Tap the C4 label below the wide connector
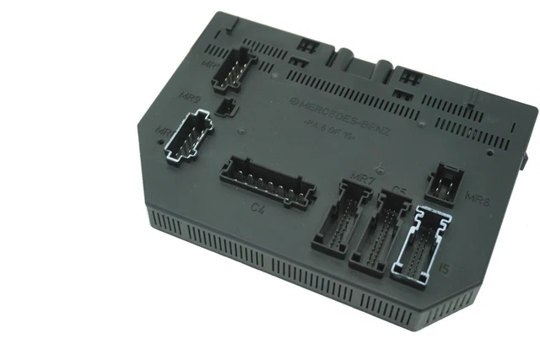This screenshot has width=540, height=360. point(257,207)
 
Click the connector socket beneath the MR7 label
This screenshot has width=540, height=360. point(341,220)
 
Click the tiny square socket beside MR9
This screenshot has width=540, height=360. point(225,107)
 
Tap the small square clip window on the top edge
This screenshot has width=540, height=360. point(298,62)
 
